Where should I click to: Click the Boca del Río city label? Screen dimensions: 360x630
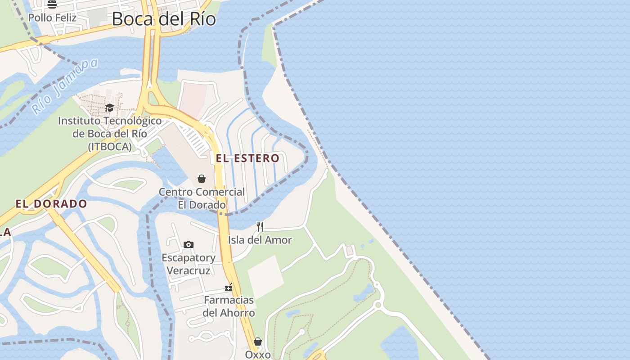(x=164, y=19)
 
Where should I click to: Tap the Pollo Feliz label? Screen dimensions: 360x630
(x=52, y=18)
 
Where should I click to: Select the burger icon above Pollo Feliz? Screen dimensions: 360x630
(x=52, y=4)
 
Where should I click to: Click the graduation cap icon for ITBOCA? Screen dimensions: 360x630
(x=109, y=108)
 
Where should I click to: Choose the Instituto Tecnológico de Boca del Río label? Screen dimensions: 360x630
(x=110, y=134)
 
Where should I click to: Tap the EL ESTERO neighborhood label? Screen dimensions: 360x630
(x=247, y=158)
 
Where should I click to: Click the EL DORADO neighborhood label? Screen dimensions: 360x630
(x=51, y=204)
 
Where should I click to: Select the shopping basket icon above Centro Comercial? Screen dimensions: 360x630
(x=202, y=179)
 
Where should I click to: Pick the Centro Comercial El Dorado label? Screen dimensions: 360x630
(x=202, y=198)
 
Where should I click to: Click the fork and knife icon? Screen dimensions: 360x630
(x=260, y=226)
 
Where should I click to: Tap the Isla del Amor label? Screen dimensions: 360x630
(x=260, y=240)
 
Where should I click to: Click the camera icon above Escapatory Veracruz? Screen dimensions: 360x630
(x=189, y=244)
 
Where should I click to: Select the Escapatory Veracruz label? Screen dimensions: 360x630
(x=189, y=264)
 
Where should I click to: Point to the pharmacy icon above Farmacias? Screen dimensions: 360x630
(x=229, y=287)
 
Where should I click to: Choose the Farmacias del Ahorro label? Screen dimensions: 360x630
(x=229, y=306)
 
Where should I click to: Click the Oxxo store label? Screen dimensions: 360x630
(x=258, y=355)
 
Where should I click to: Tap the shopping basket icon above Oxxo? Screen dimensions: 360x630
(x=258, y=342)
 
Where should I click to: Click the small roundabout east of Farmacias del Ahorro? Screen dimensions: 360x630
(x=378, y=305)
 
